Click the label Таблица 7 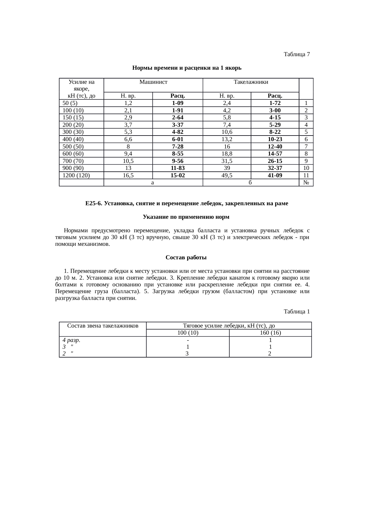click(296, 54)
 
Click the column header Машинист click(153, 82)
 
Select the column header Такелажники click(251, 82)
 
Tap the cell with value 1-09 click(177, 103)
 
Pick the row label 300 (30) click(73, 132)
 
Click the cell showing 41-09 click(275, 176)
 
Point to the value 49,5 click(227, 176)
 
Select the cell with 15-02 click(177, 176)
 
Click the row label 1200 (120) click(76, 176)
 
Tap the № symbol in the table click(306, 183)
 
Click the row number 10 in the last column click(306, 168)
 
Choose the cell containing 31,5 click(227, 161)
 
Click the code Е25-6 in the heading click(93, 203)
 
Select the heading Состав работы click(186, 258)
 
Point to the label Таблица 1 click(296, 311)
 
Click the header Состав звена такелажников click(103, 326)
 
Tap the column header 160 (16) click(270, 333)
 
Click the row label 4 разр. click(72, 340)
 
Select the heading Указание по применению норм click(186, 217)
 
